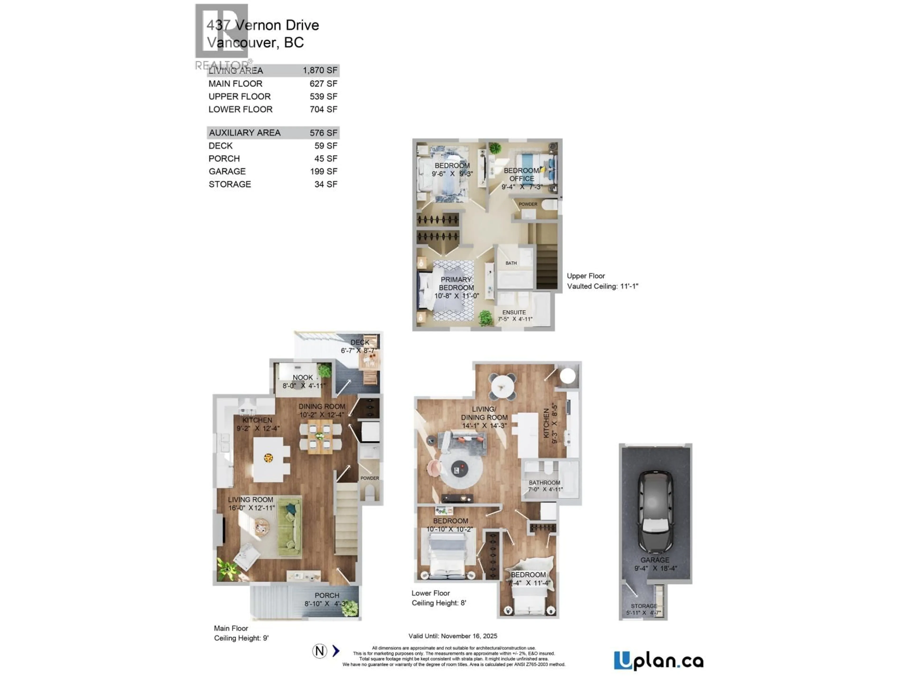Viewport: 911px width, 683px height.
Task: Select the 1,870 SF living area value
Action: click(320, 70)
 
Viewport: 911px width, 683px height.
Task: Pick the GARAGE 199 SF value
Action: click(323, 171)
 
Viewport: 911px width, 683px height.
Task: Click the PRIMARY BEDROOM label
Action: click(456, 283)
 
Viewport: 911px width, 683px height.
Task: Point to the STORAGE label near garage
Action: click(644, 606)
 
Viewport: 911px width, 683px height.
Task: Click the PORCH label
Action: click(327, 595)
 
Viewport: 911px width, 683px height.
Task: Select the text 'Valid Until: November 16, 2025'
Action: click(453, 636)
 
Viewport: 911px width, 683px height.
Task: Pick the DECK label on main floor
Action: click(360, 342)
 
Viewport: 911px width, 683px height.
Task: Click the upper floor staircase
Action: click(547, 263)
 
